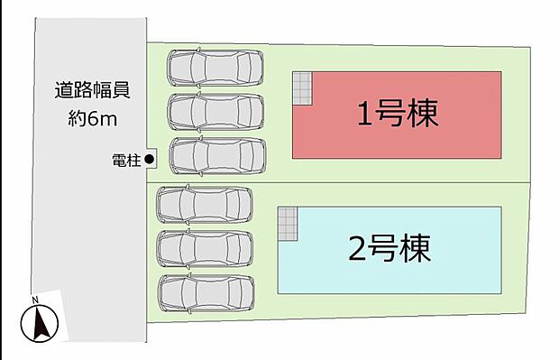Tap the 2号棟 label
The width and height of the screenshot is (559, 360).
coord(389,246)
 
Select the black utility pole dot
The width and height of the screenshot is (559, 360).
coord(150,159)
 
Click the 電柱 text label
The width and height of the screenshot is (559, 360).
coord(125,160)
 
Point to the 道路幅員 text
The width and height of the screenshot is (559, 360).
coord(87,91)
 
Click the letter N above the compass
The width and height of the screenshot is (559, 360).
coord(32,300)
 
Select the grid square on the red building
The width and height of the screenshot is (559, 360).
coord(302,88)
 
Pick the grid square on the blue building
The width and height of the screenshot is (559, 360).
coord(287,223)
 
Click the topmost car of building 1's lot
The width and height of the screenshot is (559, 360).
coord(216,66)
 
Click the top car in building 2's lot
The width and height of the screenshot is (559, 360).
coord(205,204)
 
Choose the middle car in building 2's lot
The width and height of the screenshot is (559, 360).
coord(205,247)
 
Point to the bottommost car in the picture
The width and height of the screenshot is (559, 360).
coord(205,292)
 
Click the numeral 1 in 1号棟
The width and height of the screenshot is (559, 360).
coord(365,115)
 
